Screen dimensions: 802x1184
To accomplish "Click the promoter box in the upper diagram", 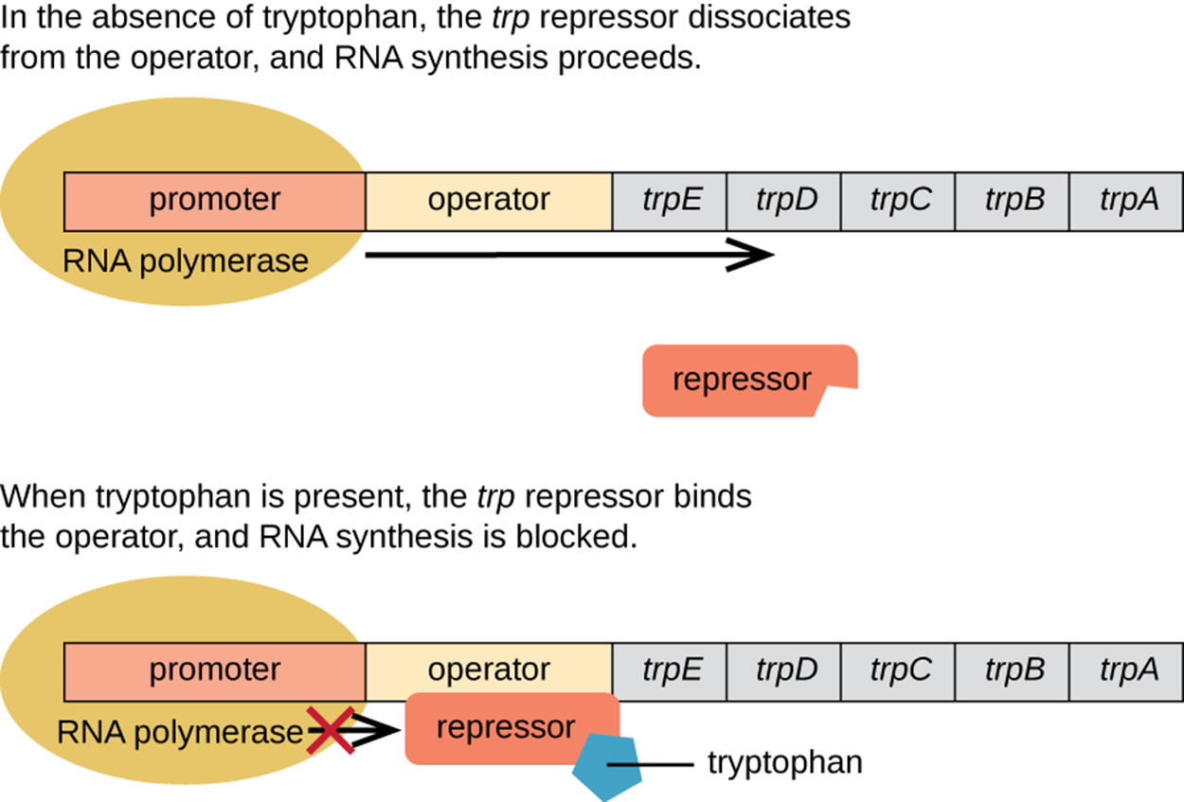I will (x=215, y=201).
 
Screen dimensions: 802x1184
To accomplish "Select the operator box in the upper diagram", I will (x=489, y=201).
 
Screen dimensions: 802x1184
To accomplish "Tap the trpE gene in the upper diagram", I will (x=671, y=201).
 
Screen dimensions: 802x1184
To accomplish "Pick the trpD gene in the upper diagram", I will (x=785, y=201).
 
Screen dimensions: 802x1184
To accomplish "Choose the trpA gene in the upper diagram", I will (x=1127, y=201).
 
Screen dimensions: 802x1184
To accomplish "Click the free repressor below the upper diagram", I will (x=742, y=381).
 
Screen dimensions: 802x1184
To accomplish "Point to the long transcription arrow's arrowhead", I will (x=758, y=255).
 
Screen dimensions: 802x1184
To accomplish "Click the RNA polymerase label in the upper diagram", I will (x=186, y=260).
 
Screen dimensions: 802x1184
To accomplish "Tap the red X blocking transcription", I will (x=331, y=729).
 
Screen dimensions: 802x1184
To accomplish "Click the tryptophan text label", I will (x=785, y=762).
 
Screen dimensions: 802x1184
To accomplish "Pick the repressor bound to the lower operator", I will (x=507, y=727).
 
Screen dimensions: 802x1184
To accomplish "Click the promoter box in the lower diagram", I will (x=215, y=670).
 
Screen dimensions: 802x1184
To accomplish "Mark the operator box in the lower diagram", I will (x=489, y=670).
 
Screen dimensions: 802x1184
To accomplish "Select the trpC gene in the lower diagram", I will (x=899, y=670).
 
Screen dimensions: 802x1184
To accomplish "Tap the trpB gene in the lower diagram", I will (x=1014, y=670).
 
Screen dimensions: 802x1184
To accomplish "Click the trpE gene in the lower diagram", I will (x=671, y=670).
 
